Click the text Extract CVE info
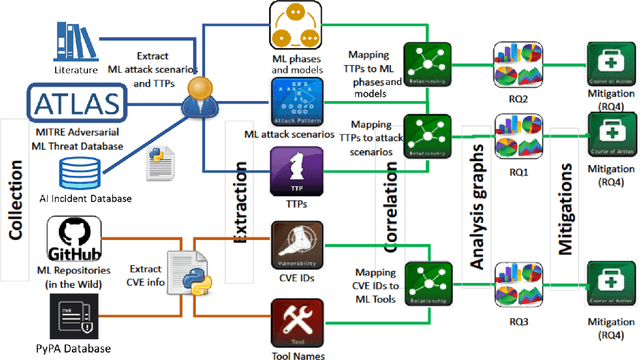pyautogui.click(x=149, y=274)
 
